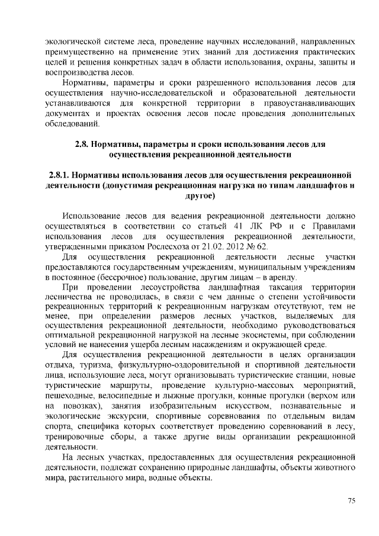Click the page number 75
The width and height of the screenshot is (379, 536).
point(351,501)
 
